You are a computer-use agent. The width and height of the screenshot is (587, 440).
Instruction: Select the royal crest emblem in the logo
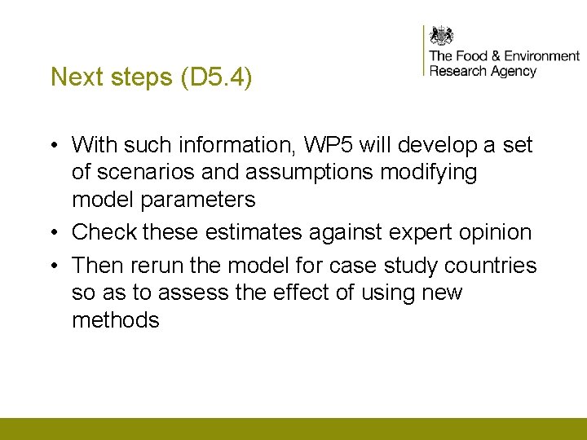click(441, 37)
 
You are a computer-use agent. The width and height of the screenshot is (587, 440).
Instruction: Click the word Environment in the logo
click(541, 56)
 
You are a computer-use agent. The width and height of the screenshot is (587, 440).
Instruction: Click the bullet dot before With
click(51, 146)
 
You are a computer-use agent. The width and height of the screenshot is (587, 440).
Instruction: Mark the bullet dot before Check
click(51, 233)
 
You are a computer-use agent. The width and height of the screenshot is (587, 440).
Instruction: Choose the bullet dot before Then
click(51, 266)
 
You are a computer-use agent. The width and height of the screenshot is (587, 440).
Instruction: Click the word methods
click(116, 320)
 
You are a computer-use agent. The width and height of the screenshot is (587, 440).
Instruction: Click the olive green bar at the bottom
click(293, 429)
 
